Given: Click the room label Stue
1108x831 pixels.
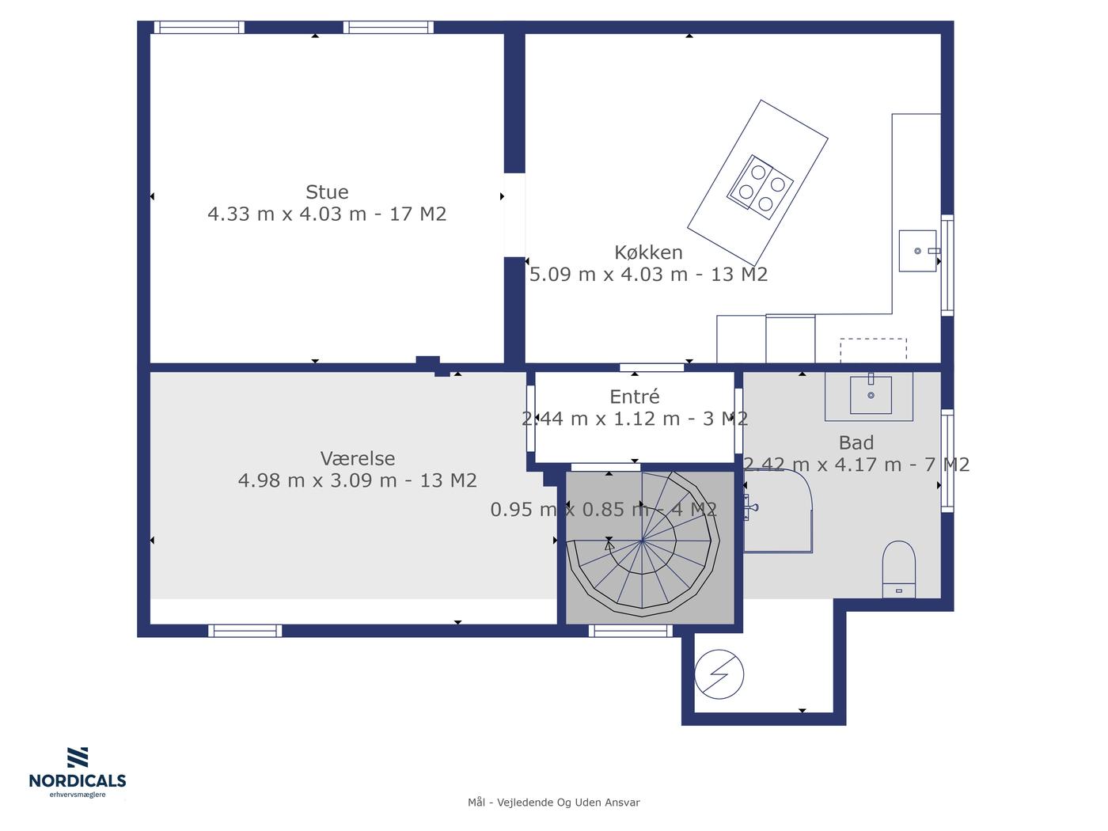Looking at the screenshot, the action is (327, 192).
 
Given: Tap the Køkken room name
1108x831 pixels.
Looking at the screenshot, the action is (648, 252).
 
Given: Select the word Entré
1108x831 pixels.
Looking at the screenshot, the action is (635, 397).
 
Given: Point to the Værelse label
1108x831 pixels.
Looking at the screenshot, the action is (358, 458).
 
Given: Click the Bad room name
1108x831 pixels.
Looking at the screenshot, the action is (856, 442).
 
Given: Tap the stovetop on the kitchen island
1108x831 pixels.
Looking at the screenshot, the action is (761, 187).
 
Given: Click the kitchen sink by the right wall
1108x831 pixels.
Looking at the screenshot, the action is (918, 251).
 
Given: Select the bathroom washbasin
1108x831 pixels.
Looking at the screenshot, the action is (871, 395).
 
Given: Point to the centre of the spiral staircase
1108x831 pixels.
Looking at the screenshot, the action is (642, 541).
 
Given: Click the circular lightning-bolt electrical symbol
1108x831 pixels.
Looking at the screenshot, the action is (719, 674).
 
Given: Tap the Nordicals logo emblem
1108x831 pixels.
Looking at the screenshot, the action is (78, 757).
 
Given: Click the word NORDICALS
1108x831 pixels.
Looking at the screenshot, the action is (78, 781).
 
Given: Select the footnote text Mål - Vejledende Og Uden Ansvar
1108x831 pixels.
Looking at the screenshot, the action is (554, 803).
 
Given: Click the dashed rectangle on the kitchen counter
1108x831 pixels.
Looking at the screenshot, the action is (873, 350).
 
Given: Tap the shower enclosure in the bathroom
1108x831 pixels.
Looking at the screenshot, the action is (777, 510).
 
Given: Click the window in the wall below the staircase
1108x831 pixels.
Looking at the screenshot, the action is (631, 631).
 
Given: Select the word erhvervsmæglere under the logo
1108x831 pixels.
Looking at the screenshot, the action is (78, 795).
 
